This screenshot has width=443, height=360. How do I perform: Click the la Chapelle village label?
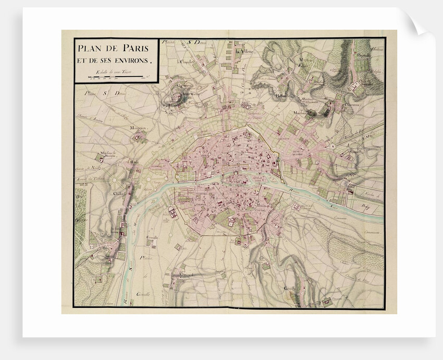point(184,61)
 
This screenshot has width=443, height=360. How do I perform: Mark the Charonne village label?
point(354,104)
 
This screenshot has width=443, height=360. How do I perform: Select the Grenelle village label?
point(152,237)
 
